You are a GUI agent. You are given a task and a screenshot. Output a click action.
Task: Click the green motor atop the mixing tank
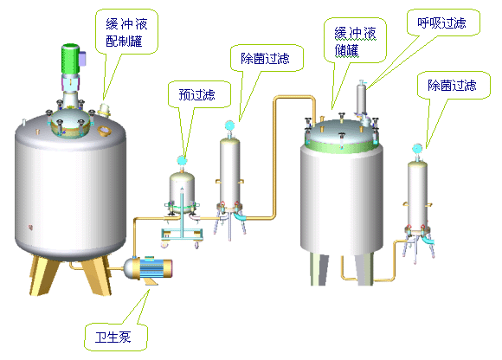70,59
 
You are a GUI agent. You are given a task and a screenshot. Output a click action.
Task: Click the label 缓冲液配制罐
126,33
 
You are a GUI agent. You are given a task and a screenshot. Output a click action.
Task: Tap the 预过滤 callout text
196,94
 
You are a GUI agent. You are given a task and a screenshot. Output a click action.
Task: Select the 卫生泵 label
113,337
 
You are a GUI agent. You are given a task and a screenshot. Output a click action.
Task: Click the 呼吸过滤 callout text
441,22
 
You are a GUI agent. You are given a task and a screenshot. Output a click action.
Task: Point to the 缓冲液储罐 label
355,42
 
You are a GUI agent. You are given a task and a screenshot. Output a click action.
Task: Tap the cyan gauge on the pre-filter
182,160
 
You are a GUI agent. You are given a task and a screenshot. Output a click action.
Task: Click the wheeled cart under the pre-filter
182,237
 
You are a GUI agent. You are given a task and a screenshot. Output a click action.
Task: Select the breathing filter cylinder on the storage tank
362,99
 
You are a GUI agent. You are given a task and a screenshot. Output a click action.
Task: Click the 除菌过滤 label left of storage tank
265,58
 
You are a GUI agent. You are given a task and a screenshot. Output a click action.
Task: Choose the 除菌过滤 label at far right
452,85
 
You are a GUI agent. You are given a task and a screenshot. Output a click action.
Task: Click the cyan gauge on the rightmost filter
417,149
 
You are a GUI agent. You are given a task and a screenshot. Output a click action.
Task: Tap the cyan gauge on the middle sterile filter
229,125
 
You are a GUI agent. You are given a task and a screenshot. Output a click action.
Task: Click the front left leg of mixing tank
43,275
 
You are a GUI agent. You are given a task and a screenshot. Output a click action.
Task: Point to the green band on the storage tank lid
342,146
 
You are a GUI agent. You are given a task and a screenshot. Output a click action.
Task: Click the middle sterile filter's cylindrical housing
229,171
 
